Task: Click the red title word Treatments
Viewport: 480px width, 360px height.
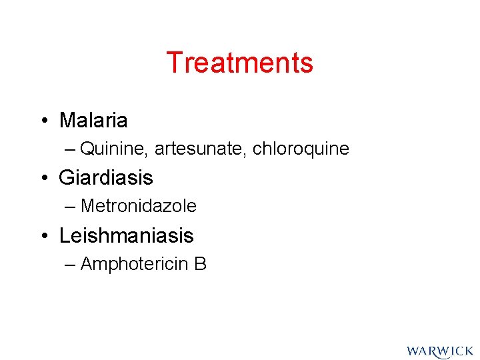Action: click(x=239, y=63)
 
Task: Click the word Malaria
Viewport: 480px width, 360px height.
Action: click(x=93, y=121)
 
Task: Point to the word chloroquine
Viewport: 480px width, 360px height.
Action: click(x=301, y=149)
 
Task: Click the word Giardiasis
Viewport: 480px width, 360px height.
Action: click(x=106, y=178)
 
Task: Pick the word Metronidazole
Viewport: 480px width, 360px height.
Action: click(x=138, y=207)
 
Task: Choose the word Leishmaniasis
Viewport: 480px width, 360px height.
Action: click(x=126, y=235)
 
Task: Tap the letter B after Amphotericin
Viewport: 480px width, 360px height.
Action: click(x=201, y=265)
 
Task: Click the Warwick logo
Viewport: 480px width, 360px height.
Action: click(x=439, y=351)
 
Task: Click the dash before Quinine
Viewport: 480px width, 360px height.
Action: click(x=71, y=150)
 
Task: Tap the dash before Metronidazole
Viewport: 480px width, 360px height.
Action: click(x=71, y=207)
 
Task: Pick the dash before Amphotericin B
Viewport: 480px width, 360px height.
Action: click(x=71, y=265)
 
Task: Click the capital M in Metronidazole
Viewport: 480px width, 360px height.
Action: click(x=87, y=207)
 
